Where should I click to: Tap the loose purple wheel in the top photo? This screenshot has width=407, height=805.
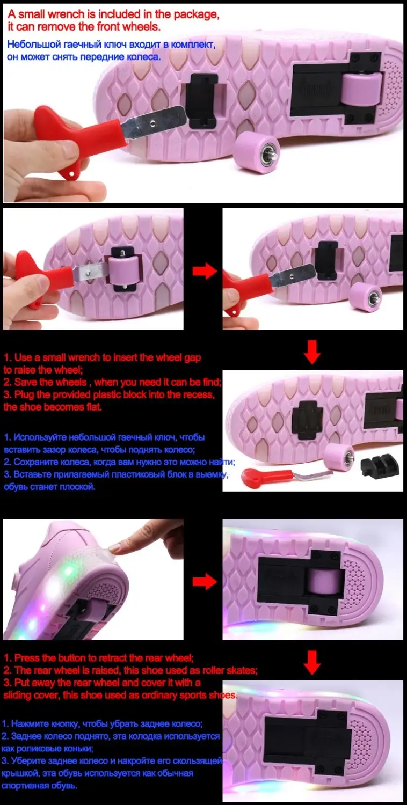click(256, 151)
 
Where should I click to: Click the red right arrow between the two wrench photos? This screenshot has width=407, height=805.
click(205, 270)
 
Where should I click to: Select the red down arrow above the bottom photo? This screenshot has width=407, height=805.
click(312, 662)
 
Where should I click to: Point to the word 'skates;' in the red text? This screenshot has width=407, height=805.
click(242, 670)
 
